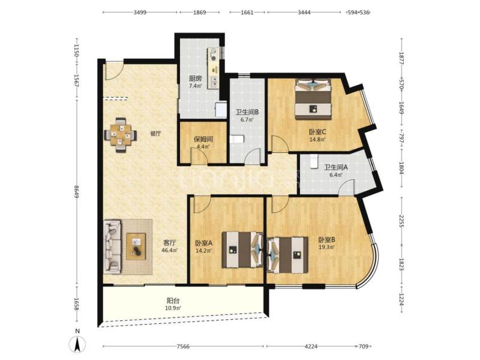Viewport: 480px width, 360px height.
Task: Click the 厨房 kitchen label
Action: tap(195, 79)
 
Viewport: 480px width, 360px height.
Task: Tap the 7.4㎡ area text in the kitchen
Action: tap(195, 86)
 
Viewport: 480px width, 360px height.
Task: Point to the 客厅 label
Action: tap(170, 243)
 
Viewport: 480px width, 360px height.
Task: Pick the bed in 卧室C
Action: tap(313, 99)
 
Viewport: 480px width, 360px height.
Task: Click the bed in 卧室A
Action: tap(240, 250)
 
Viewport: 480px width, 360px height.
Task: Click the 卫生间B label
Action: tap(247, 112)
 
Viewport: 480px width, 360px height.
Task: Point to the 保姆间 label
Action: tap(202, 139)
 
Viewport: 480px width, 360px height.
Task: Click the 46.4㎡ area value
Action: tap(170, 251)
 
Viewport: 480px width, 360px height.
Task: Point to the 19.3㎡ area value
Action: tap(326, 247)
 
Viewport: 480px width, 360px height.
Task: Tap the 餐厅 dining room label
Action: tap(155, 134)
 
